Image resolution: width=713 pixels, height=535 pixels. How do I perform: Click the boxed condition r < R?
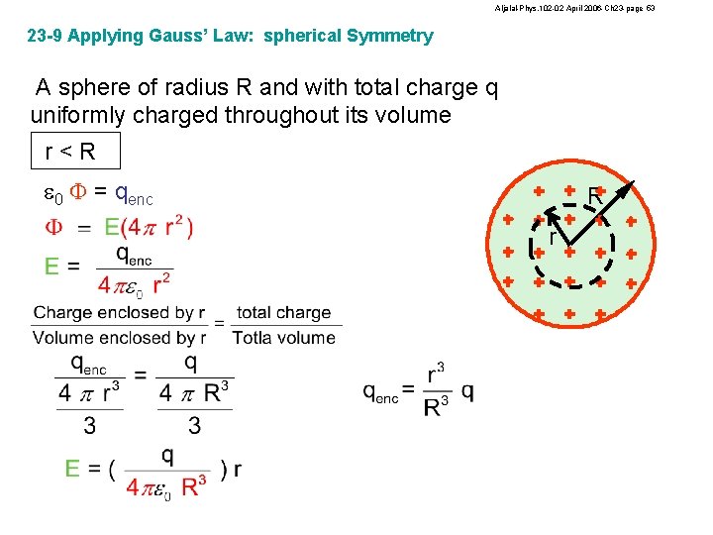coord(74,152)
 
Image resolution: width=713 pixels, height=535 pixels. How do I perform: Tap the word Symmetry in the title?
coord(389,37)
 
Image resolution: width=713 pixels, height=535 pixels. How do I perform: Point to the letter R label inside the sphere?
coord(595,196)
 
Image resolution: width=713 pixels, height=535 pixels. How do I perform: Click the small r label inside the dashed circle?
coord(554,238)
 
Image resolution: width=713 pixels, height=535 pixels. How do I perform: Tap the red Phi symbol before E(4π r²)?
coord(54,228)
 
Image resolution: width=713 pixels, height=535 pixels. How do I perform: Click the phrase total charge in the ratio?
coord(284,313)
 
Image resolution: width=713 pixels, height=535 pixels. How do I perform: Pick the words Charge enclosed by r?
coord(113,313)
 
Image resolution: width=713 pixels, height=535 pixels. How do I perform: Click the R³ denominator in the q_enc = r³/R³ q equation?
coord(437,407)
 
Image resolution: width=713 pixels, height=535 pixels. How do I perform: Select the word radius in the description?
coord(188,88)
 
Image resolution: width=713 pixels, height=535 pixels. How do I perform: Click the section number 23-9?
coord(48,37)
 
